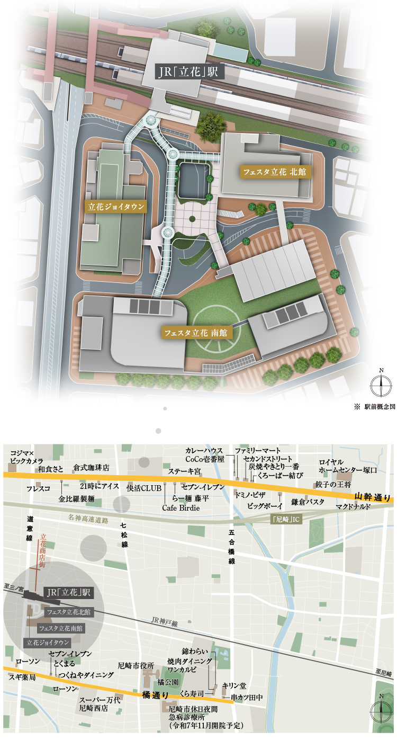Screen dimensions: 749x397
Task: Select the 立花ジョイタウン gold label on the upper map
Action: click(115, 207)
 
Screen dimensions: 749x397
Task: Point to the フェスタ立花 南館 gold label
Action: click(195, 333)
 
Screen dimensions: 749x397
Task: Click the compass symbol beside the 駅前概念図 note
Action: click(381, 385)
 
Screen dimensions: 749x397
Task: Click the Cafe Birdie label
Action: click(181, 507)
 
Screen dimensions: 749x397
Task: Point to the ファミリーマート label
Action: click(258, 450)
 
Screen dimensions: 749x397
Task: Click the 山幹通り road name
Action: click(373, 497)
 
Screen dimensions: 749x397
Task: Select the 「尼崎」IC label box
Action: click(285, 519)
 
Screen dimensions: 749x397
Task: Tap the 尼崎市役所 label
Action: click(136, 665)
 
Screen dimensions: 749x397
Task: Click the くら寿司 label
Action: click(192, 692)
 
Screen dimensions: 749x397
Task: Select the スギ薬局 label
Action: click(22, 677)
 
